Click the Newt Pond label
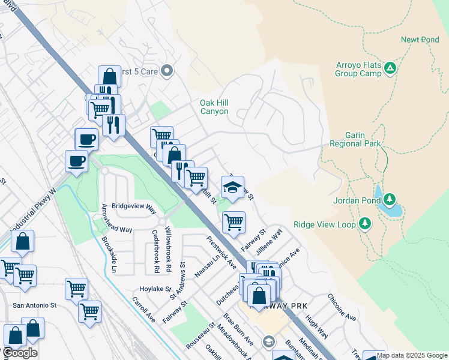pos(420,40)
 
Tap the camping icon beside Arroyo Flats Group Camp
pos(390,68)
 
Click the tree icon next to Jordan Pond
pos(390,199)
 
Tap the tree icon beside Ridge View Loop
pos(364,224)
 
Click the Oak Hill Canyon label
pos(214,107)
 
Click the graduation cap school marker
pos(233,185)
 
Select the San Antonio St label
pos(34,305)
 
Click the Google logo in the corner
pos(20,353)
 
